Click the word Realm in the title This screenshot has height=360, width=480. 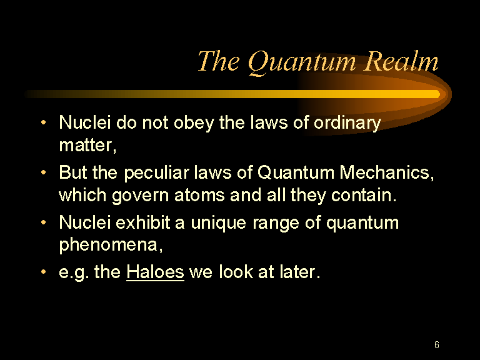402,61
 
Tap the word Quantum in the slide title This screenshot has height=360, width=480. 302,62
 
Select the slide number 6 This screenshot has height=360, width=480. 437,345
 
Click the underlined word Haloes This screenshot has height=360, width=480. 155,271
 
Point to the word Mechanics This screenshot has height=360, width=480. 387,172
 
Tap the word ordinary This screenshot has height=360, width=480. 347,123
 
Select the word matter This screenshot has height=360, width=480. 88,146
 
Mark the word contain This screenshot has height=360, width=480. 364,195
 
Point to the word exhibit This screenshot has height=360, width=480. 142,222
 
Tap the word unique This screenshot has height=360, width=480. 219,223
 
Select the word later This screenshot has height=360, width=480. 299,271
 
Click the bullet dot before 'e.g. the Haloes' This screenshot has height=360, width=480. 44,271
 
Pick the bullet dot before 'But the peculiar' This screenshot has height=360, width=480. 44,172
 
